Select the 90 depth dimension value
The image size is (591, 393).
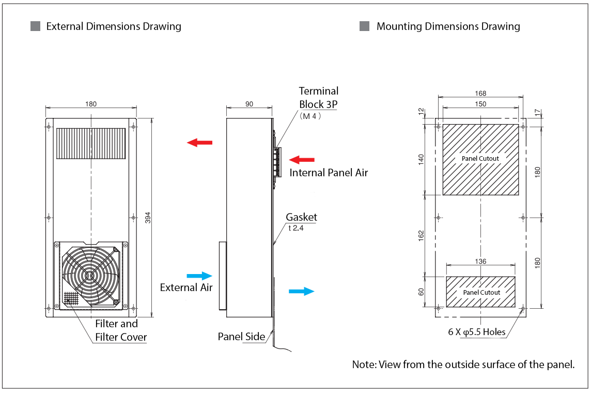pyautogui.click(x=249, y=104)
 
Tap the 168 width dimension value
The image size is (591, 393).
pyautogui.click(x=481, y=94)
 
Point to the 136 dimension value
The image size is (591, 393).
pyautogui.click(x=480, y=262)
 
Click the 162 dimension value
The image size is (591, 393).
pyautogui.click(x=421, y=236)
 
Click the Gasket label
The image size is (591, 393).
pyautogui.click(x=301, y=217)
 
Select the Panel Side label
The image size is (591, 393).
pyautogui.click(x=241, y=337)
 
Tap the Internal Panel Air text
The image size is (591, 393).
pyautogui.click(x=329, y=173)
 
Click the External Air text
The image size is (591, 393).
pyautogui.click(x=186, y=288)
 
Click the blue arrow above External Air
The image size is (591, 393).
pyautogui.click(x=199, y=276)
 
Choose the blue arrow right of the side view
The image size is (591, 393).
pyautogui.click(x=301, y=291)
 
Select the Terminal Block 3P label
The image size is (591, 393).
pyautogui.click(x=319, y=97)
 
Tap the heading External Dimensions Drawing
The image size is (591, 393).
pyautogui.click(x=114, y=26)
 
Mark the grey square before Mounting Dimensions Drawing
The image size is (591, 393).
pyautogui.click(x=364, y=26)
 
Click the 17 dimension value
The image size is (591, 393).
pyautogui.click(x=537, y=112)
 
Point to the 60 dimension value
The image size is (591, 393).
pyautogui.click(x=421, y=292)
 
